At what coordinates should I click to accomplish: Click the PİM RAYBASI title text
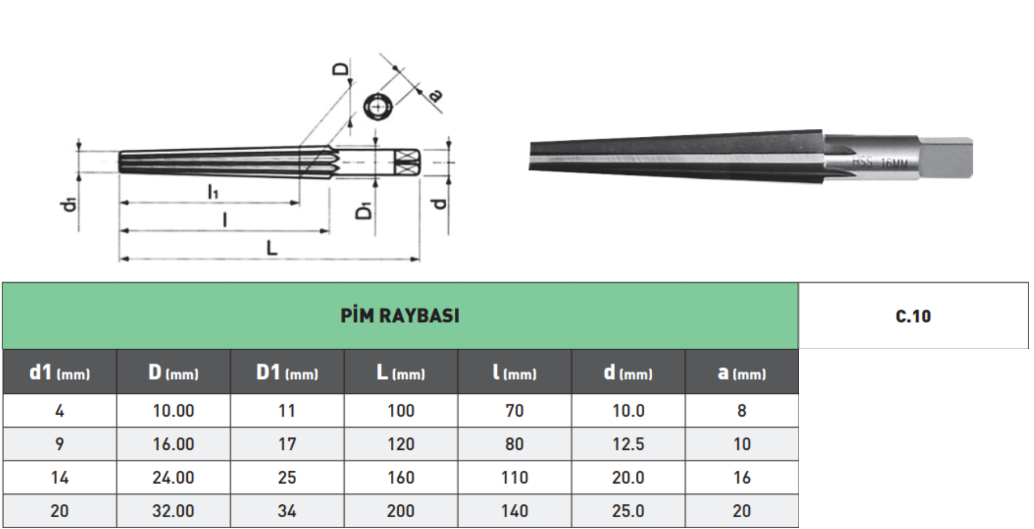[x=400, y=316]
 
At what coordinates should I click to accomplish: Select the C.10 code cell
[x=913, y=316]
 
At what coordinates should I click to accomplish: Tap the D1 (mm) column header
[x=287, y=372]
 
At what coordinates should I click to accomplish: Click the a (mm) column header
[x=741, y=372]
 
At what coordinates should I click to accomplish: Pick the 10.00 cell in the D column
[x=173, y=411]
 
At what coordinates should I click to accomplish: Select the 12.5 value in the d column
[x=628, y=444]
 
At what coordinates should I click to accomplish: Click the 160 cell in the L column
[x=400, y=477]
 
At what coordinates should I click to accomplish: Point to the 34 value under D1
[x=287, y=511]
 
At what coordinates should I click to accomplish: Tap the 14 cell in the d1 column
[x=59, y=477]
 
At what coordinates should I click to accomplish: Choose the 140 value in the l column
[x=514, y=511]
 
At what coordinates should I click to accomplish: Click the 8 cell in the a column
[x=741, y=411]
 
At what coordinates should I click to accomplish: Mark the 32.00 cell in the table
[x=173, y=511]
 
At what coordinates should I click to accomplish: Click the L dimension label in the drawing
[x=272, y=247]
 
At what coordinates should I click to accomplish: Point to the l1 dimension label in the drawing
[x=213, y=192]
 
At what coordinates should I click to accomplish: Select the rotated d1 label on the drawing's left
[x=69, y=204]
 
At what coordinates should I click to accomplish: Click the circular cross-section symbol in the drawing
[x=377, y=107]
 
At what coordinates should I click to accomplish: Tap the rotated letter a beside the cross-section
[x=435, y=95]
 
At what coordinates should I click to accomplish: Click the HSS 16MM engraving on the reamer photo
[x=879, y=163]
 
